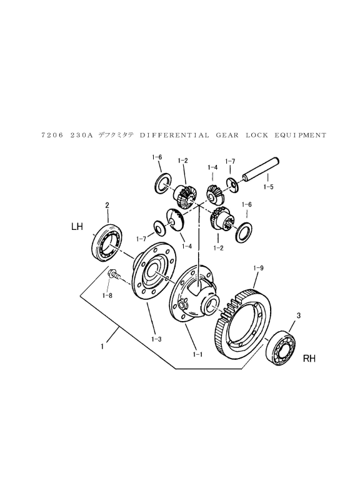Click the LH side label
tap(77, 227)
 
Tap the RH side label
tap(309, 359)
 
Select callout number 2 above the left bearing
tap(107, 206)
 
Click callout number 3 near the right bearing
tap(298, 315)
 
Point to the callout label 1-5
tap(268, 187)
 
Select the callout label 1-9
tap(258, 268)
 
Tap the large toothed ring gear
tap(243, 323)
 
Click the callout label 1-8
tap(107, 295)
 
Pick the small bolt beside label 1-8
tap(114, 274)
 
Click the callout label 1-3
tap(156, 339)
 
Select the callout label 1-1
tap(197, 354)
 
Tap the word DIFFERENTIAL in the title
tap(174, 136)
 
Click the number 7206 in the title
tap(52, 136)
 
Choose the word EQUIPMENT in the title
tap(300, 136)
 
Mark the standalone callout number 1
tap(102, 347)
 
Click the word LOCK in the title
tap(257, 136)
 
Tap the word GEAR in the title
tap(227, 136)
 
